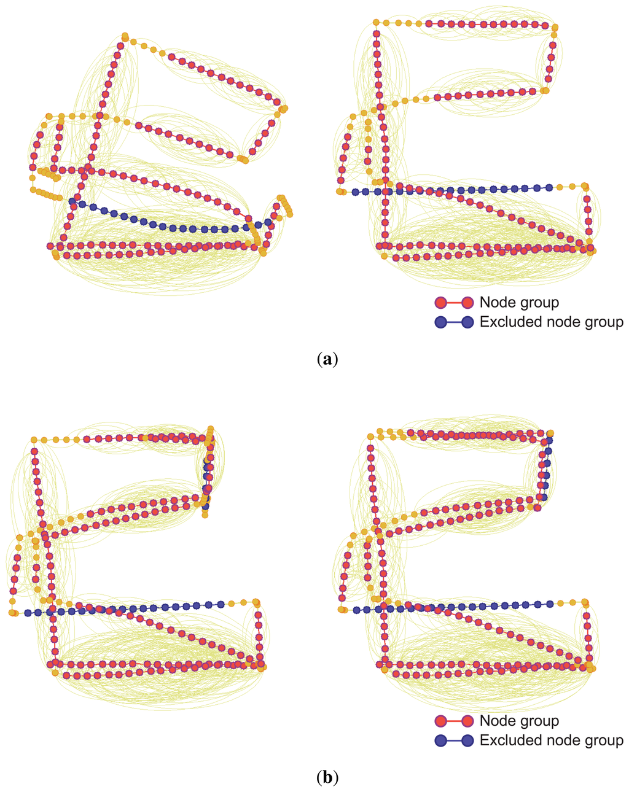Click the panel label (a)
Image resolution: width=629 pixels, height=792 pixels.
[x=326, y=359]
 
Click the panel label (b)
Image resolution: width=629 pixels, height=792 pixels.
[x=326, y=778]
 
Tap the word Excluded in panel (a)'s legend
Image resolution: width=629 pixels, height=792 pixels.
[x=507, y=322]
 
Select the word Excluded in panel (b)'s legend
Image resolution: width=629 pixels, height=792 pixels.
[x=507, y=740]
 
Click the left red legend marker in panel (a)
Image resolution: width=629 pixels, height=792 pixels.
[x=440, y=302]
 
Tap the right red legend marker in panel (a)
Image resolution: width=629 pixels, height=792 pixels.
[x=467, y=302]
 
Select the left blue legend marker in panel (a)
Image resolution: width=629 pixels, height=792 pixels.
[x=440, y=322]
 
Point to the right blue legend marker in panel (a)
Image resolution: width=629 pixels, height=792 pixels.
[x=467, y=322]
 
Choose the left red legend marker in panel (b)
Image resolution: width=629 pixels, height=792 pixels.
[x=440, y=721]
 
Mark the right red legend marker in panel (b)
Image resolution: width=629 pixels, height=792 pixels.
[x=467, y=721]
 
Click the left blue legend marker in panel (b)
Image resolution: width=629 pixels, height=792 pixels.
[x=440, y=740]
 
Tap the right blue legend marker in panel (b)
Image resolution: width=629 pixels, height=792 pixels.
[x=467, y=740]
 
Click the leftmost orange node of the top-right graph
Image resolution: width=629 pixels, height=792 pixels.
[x=339, y=192]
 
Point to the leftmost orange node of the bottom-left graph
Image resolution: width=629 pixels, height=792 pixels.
[x=12, y=613]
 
